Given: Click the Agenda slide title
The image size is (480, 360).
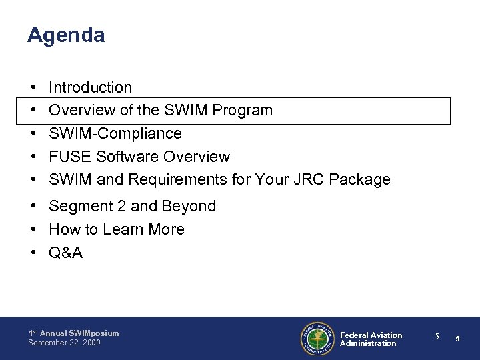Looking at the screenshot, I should [66, 35].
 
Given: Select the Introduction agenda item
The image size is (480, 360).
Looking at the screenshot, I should [91, 87].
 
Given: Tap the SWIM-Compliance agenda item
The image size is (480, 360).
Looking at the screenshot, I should [115, 133].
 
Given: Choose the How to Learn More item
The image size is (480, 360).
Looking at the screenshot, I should [117, 229].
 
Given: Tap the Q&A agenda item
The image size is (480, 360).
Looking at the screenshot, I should [66, 253].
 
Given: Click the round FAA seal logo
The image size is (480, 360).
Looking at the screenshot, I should [317, 339].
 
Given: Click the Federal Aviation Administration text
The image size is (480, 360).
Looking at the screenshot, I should [371, 339].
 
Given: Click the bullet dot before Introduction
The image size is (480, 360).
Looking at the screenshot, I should [33, 87].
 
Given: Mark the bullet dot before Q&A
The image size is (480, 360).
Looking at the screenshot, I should [33, 253].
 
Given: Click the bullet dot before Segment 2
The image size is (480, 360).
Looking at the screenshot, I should [33, 207].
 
